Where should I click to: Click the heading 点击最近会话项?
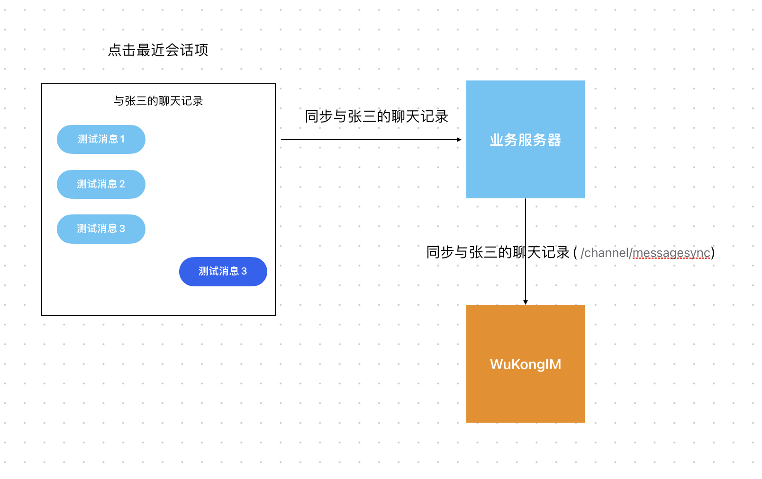[x=158, y=50]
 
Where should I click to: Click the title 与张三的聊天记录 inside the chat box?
[x=158, y=101]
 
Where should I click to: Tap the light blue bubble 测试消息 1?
[x=101, y=139]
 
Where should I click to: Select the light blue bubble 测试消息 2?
[x=101, y=184]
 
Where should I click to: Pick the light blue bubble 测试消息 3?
[x=101, y=229]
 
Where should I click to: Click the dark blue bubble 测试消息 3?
[x=223, y=272]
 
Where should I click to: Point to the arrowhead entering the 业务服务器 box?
[x=459, y=140]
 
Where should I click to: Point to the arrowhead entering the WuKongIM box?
[x=525, y=302]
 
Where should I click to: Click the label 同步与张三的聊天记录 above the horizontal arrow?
[x=376, y=116]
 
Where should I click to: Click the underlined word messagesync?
[x=671, y=253]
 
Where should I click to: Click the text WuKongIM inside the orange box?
[x=525, y=364]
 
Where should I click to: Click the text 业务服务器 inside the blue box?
[x=525, y=140]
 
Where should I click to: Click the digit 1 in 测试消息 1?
[x=122, y=139]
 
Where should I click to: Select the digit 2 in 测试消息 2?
[x=122, y=184]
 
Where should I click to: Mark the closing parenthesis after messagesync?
[x=713, y=253]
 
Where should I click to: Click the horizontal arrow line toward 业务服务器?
[x=370, y=140]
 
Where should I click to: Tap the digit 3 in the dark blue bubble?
[x=244, y=272]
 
